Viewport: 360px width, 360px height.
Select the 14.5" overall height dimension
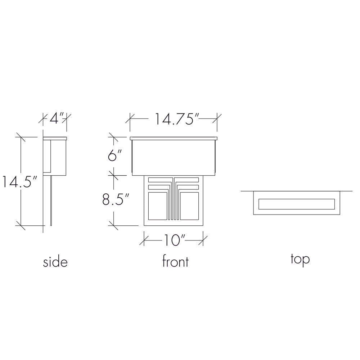19,181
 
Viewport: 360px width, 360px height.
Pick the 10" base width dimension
174,240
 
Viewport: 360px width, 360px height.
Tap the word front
175,261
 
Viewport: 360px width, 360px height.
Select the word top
300,260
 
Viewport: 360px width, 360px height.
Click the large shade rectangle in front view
174,158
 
